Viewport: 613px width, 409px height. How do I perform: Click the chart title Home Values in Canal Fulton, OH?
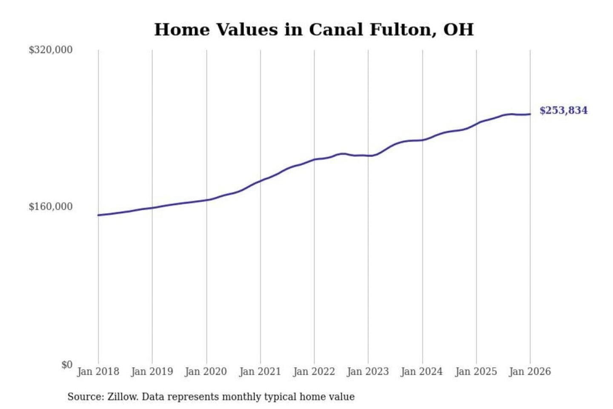pyautogui.click(x=314, y=30)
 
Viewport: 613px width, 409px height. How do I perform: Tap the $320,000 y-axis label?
pyautogui.click(x=51, y=50)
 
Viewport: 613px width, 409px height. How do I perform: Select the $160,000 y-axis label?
pyautogui.click(x=51, y=207)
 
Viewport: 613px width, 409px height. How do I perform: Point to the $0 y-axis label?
pyautogui.click(x=67, y=365)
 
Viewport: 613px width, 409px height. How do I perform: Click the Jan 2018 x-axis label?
pyautogui.click(x=98, y=372)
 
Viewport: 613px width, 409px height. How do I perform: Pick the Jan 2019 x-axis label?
pyautogui.click(x=152, y=372)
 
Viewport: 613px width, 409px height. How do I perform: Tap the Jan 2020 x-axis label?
pyautogui.click(x=206, y=372)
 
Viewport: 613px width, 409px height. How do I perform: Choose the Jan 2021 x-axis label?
pyautogui.click(x=260, y=372)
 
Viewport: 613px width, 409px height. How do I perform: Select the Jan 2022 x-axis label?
pyautogui.click(x=314, y=372)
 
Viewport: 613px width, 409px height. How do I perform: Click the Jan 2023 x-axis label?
pyautogui.click(x=368, y=372)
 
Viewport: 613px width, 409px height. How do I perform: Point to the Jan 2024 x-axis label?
pyautogui.click(x=422, y=372)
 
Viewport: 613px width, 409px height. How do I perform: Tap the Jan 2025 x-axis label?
pyautogui.click(x=476, y=372)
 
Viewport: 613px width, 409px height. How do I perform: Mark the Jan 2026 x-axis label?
pyautogui.click(x=530, y=372)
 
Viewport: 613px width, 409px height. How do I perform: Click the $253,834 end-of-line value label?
pyautogui.click(x=563, y=110)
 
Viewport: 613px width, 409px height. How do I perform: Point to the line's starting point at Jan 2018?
pyautogui.click(x=98, y=215)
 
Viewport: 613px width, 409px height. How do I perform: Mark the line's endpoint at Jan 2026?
pyautogui.click(x=530, y=114)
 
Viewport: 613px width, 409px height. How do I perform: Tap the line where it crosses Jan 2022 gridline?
pyautogui.click(x=315, y=159)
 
